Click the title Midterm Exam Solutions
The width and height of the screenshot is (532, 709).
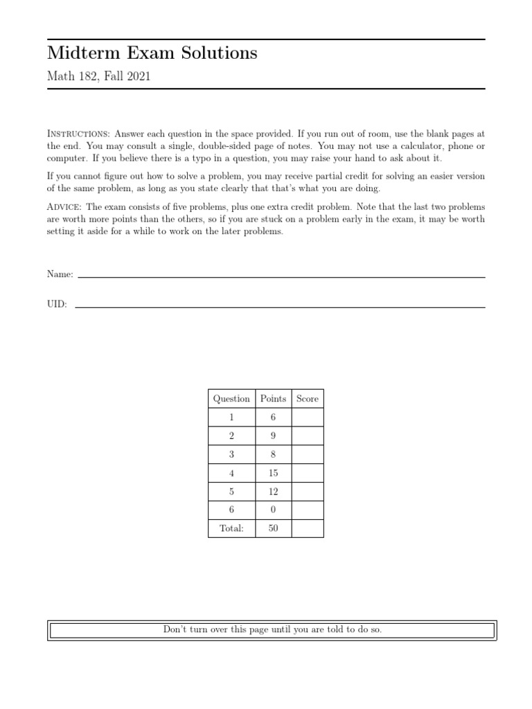(152, 53)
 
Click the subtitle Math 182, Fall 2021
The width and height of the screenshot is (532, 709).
(98, 77)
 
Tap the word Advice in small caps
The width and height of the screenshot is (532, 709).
(64, 207)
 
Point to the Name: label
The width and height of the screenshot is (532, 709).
(60, 275)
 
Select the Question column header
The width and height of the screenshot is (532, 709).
(231, 399)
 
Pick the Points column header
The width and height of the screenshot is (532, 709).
(273, 399)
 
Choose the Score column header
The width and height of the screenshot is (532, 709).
(308, 399)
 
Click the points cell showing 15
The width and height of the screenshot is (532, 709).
(273, 473)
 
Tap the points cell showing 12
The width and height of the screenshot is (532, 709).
(273, 491)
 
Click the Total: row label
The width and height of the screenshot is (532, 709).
(231, 528)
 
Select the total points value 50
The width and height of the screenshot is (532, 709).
(273, 528)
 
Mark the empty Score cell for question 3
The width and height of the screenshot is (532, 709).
(308, 454)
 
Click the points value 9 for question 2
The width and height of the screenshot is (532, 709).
(273, 436)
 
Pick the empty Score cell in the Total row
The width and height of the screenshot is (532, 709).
(308, 528)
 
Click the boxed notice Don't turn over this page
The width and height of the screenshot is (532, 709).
(272, 630)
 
